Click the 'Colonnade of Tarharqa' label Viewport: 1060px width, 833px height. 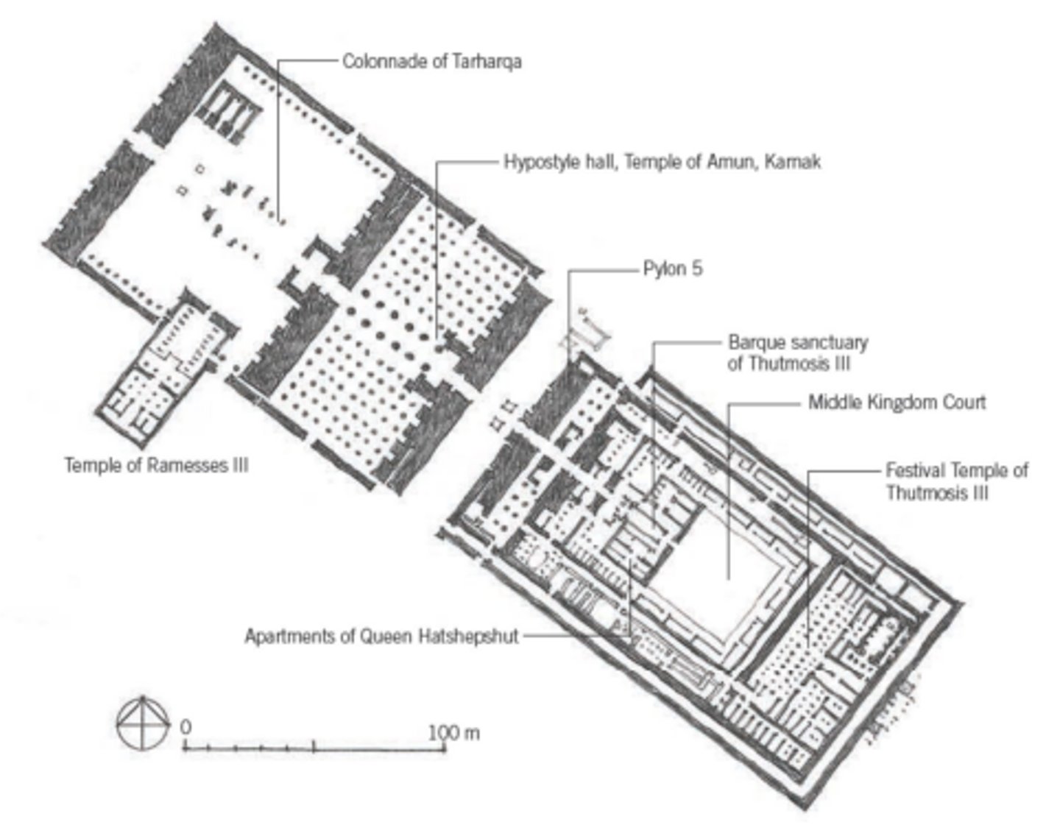click(x=432, y=62)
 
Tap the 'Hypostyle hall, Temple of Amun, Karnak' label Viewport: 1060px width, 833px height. click(x=662, y=162)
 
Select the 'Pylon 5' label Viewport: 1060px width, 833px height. click(x=673, y=269)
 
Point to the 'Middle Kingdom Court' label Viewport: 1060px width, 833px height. click(x=897, y=403)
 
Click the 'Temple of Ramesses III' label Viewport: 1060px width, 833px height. click(x=157, y=465)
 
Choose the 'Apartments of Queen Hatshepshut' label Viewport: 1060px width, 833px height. click(x=382, y=637)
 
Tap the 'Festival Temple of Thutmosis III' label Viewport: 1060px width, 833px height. click(x=957, y=481)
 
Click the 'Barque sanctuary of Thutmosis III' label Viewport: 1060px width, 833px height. click(x=798, y=353)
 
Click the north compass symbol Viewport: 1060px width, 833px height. click(x=143, y=724)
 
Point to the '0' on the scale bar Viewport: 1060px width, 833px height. click(x=185, y=727)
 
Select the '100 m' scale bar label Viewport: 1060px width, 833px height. click(x=453, y=733)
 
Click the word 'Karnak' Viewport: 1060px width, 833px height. click(x=793, y=162)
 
